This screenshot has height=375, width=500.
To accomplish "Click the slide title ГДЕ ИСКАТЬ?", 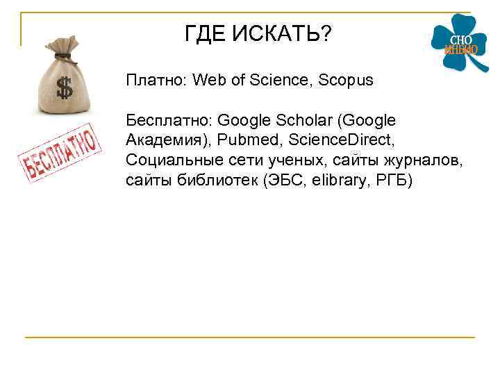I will click(258, 33).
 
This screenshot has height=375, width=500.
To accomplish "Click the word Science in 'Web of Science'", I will click(282, 81).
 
